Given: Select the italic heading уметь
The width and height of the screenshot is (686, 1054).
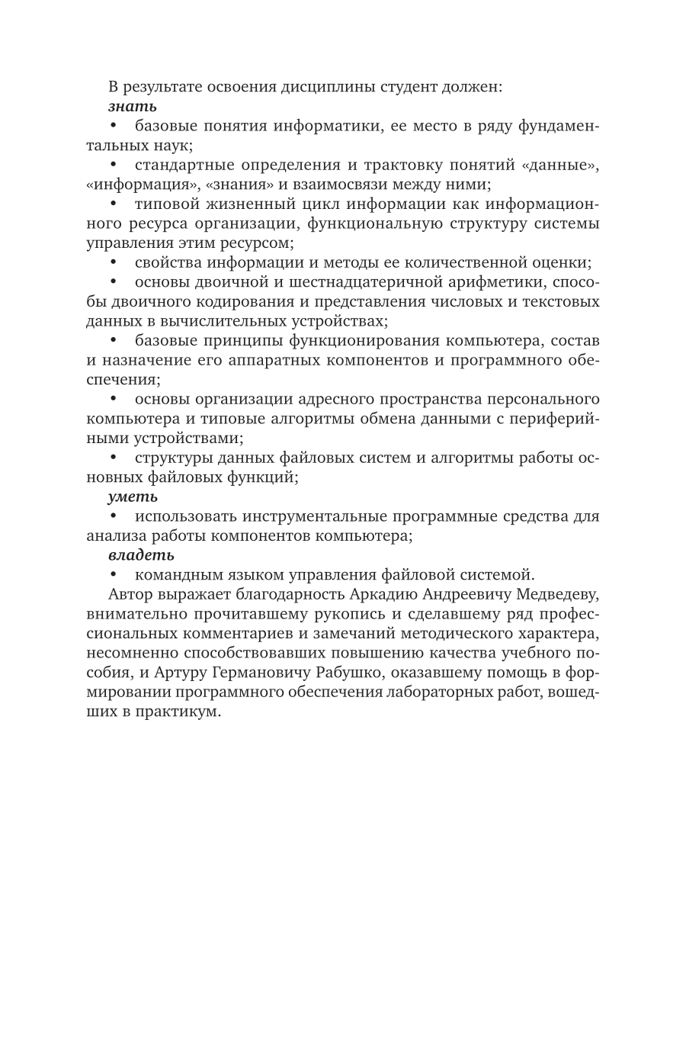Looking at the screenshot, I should click(x=133, y=496).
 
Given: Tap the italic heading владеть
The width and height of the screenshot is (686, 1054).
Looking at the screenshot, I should click(x=141, y=555).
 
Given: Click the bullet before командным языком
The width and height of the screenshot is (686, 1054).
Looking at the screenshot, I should click(x=114, y=574).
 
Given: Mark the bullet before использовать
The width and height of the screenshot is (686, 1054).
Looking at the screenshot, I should click(x=114, y=516).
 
